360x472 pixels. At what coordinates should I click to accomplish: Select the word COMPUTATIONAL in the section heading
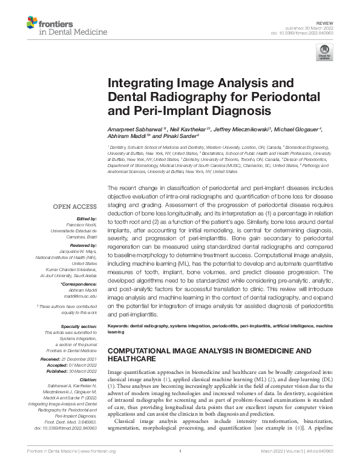144,351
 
